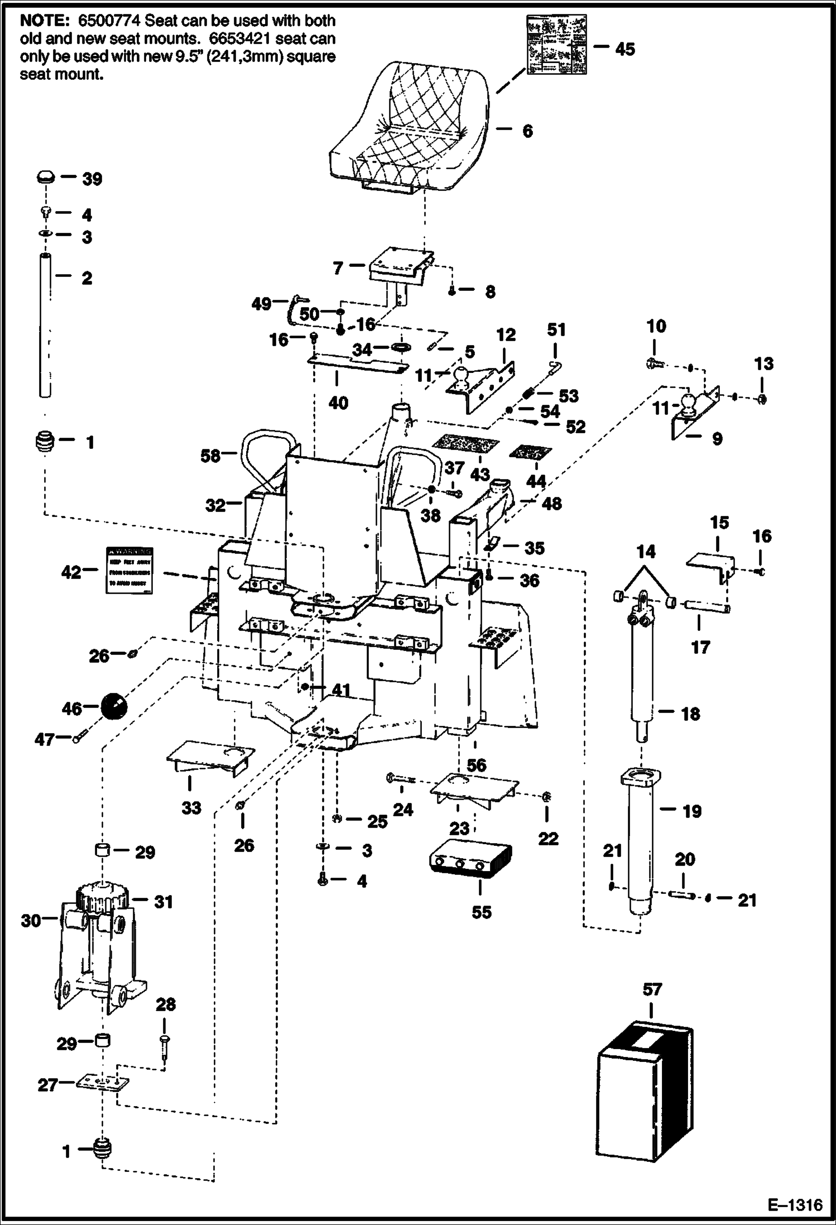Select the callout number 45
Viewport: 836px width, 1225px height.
point(625,49)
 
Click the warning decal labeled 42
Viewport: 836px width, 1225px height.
point(130,570)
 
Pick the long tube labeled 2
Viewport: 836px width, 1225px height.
point(46,324)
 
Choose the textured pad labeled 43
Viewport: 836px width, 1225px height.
point(465,444)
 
